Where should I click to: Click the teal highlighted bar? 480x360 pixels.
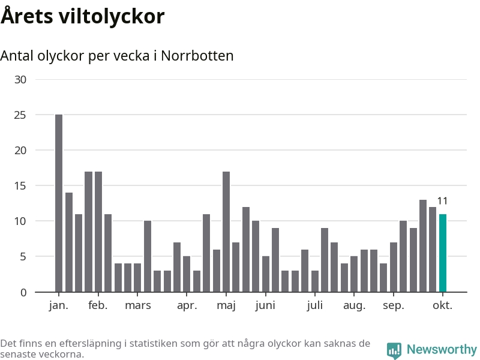(x=443, y=253)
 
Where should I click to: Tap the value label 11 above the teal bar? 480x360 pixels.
(x=443, y=201)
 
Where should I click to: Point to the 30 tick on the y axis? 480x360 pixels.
(x=20, y=79)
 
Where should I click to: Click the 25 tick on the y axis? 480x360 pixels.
(x=20, y=115)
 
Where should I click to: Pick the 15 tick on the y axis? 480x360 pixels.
(x=20, y=185)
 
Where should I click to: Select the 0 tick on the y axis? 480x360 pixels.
(x=23, y=292)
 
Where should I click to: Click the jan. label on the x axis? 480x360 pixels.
(x=59, y=305)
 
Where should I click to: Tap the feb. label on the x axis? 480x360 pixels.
(x=98, y=305)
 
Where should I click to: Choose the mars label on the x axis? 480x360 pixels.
(x=138, y=305)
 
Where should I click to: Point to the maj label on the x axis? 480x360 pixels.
(x=226, y=305)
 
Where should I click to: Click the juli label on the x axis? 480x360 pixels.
(x=314, y=305)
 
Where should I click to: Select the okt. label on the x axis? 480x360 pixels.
(x=443, y=305)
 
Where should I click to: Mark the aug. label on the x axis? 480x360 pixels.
(x=354, y=305)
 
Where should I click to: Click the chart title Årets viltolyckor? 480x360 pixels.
(x=82, y=16)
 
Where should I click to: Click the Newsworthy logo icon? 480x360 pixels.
(x=394, y=350)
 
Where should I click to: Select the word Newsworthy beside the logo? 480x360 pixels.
(x=442, y=349)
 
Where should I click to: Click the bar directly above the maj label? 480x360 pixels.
(x=226, y=232)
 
